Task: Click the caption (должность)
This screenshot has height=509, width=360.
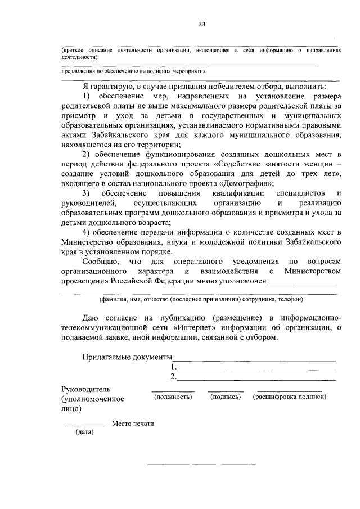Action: (x=173, y=397)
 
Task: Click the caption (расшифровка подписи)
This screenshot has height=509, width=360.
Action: (x=290, y=397)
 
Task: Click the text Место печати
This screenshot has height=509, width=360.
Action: (x=133, y=423)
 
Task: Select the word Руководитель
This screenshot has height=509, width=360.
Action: (x=86, y=389)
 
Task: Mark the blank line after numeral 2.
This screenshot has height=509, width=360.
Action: (x=257, y=379)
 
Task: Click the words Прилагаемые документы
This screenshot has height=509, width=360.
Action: (x=127, y=357)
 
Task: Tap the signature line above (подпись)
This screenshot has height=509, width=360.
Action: (x=226, y=390)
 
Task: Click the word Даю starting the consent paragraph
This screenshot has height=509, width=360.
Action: (x=91, y=317)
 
